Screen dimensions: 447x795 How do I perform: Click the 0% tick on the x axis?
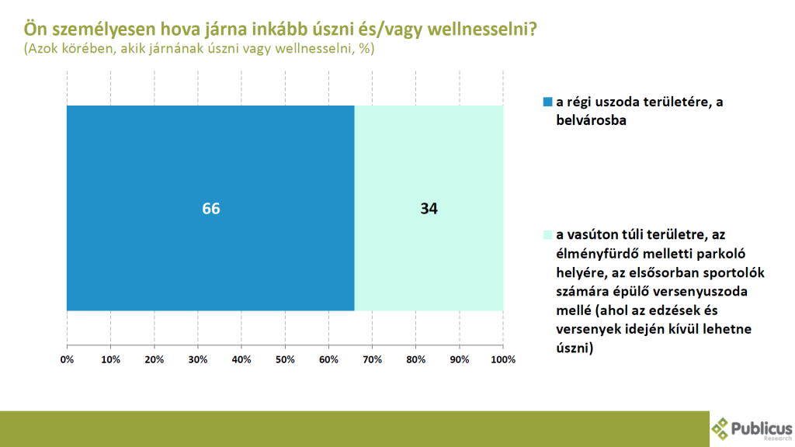(x=67, y=360)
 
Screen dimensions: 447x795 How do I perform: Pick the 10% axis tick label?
(x=110, y=360)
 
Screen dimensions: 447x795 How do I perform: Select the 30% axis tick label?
(x=198, y=360)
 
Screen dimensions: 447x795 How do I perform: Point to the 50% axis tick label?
(x=285, y=360)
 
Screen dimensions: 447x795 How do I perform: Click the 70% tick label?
(x=373, y=360)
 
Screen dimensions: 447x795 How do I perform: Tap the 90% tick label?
(x=460, y=360)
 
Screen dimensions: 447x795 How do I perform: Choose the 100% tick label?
(x=503, y=360)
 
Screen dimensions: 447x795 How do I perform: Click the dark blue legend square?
(x=547, y=102)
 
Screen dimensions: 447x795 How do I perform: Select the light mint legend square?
(x=547, y=233)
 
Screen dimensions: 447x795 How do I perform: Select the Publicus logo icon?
(x=721, y=428)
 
